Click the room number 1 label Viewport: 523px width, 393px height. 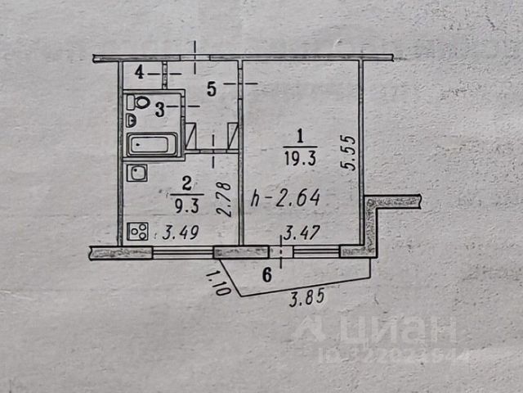point(301,136)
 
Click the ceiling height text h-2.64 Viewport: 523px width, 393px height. point(284,197)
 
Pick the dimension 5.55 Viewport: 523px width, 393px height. point(349,152)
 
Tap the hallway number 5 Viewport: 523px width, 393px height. point(211,89)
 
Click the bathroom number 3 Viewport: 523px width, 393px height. point(161,107)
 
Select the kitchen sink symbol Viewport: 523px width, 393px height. point(138,173)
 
